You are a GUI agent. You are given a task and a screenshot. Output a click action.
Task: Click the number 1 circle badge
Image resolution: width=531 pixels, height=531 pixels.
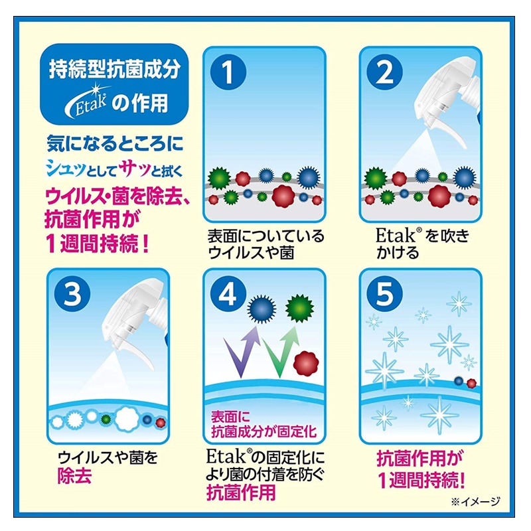pyautogui.click(x=228, y=72)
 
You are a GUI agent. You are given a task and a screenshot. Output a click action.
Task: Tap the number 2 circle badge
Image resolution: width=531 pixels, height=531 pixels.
pyautogui.click(x=385, y=72)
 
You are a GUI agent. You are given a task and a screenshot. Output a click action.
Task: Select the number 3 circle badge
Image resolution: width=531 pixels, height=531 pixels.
pyautogui.click(x=72, y=294)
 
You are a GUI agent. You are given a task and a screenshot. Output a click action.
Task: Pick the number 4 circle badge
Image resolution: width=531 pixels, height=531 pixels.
pyautogui.click(x=228, y=294)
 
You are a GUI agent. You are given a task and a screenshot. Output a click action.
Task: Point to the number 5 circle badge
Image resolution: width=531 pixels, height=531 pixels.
pyautogui.click(x=385, y=294)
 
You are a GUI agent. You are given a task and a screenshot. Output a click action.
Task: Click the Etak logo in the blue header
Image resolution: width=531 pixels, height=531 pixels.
pyautogui.click(x=86, y=101)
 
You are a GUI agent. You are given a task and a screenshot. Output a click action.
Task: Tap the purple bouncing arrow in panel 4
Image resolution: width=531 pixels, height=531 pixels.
pyautogui.click(x=241, y=352)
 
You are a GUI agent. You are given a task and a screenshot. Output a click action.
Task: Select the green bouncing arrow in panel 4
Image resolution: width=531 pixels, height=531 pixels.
pyautogui.click(x=281, y=352)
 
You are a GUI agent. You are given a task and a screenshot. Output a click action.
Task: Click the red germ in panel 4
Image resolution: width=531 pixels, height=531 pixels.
pyautogui.click(x=306, y=364)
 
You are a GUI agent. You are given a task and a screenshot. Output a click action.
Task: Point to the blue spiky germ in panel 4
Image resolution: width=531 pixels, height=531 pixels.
pyautogui.click(x=262, y=309)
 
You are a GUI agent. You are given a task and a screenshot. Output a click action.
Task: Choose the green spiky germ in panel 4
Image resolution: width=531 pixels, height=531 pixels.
pyautogui.click(x=299, y=309)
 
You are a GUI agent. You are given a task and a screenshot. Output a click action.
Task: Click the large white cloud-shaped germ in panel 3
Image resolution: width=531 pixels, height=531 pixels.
pyautogui.click(x=127, y=418)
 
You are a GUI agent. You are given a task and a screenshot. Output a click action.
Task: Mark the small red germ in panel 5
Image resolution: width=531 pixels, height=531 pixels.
pyautogui.click(x=471, y=384)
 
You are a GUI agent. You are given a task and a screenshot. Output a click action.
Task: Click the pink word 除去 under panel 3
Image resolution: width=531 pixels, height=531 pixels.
pyautogui.click(x=75, y=475)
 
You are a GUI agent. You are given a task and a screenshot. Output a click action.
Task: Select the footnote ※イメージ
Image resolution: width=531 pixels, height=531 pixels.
pyautogui.click(x=475, y=501)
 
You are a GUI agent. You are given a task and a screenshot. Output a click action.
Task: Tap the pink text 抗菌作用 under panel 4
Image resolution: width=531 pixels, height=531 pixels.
pyautogui.click(x=241, y=492)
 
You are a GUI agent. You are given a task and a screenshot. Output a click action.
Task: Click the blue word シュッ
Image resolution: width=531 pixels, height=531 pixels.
pyautogui.click(x=65, y=169)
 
